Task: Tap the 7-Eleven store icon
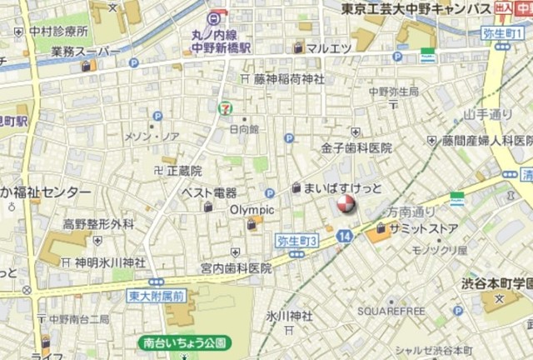[224, 107]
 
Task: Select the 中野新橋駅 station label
[217, 47]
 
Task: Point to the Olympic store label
[252, 209]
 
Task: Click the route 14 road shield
[345, 237]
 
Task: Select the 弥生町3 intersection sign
[297, 241]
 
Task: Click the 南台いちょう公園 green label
[184, 342]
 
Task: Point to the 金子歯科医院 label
[356, 147]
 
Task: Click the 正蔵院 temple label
[184, 171]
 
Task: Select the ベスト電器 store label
[210, 192]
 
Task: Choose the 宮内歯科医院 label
[236, 267]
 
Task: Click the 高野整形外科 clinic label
[98, 223]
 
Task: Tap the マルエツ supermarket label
[327, 47]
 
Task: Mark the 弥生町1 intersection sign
[504, 33]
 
